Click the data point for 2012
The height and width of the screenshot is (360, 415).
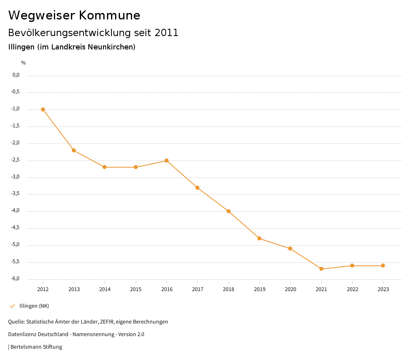(43, 109)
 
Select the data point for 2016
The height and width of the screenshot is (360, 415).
(167, 161)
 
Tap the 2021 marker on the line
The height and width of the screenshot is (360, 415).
(321, 269)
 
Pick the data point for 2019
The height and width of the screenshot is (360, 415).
(259, 238)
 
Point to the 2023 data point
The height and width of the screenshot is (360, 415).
(383, 266)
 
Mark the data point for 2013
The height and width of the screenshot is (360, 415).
(74, 150)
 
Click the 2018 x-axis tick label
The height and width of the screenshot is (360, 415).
(229, 289)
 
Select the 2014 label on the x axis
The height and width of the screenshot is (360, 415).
(105, 289)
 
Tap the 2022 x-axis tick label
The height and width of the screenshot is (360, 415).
(352, 289)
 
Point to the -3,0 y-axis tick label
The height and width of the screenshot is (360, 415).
(16, 177)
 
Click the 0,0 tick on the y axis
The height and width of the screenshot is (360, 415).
(16, 75)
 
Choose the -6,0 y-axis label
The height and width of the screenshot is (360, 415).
(16, 279)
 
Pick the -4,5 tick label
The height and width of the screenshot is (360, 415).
(16, 228)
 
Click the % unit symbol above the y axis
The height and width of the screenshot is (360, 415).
(24, 62)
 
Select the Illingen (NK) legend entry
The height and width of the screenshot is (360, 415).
(34, 306)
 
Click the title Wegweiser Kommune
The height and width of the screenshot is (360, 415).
(74, 15)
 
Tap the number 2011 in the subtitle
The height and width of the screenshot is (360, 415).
(167, 33)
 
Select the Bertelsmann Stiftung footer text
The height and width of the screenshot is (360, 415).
(36, 347)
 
